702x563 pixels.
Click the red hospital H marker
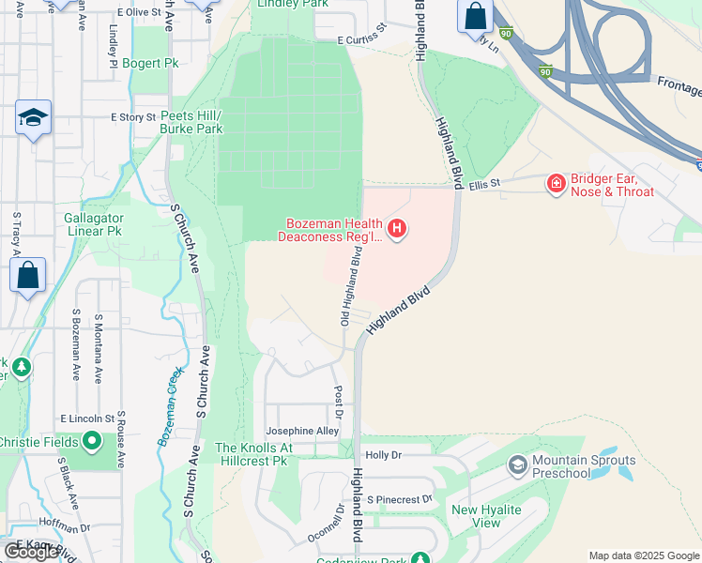pyautogui.click(x=397, y=228)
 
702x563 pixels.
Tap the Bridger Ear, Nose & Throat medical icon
pyautogui.click(x=557, y=182)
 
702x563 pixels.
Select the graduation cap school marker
pyautogui.click(x=33, y=117)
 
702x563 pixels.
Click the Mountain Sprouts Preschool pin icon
pyautogui.click(x=517, y=464)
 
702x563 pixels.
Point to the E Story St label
pyautogui.click(x=131, y=117)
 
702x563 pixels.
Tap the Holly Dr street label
pyautogui.click(x=383, y=455)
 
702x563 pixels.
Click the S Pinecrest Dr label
pyautogui.click(x=399, y=499)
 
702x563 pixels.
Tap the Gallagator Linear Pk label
pyautogui.click(x=93, y=224)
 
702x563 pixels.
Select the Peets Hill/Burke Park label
pyautogui.click(x=191, y=121)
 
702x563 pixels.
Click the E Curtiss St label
pyautogui.click(x=362, y=37)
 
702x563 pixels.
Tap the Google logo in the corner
pyautogui.click(x=30, y=552)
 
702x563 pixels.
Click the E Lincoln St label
pyautogui.click(x=86, y=418)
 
